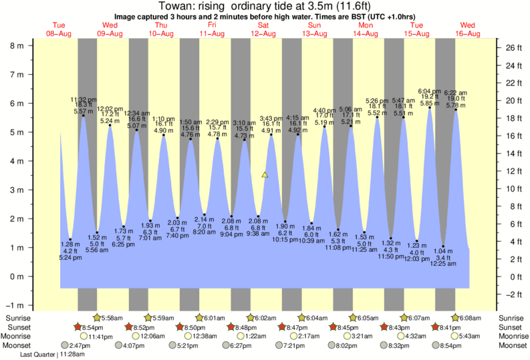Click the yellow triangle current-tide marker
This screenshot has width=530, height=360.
(265, 175)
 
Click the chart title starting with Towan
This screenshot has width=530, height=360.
(265, 6)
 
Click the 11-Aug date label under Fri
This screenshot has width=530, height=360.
(212, 33)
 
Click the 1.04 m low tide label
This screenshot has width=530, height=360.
(443, 250)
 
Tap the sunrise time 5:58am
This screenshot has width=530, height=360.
(116, 318)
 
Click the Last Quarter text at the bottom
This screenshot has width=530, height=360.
(38, 355)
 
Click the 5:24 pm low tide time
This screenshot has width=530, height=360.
(70, 258)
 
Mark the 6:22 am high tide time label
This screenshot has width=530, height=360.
(456, 93)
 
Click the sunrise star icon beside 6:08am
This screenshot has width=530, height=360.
(456, 318)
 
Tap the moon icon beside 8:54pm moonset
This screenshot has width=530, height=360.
(437, 346)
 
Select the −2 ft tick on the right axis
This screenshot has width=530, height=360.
(511, 294)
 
